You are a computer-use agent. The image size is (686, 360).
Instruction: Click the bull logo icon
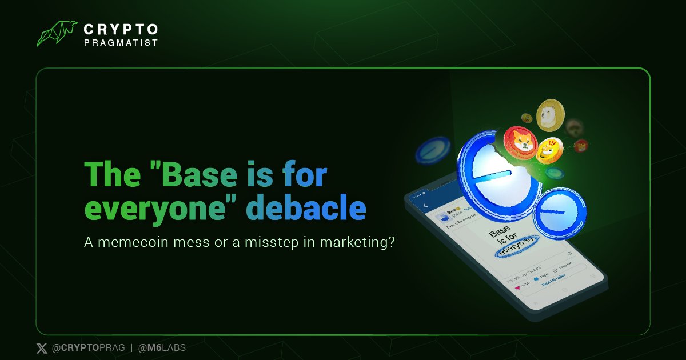57,34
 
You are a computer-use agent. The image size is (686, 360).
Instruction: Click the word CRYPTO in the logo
121,29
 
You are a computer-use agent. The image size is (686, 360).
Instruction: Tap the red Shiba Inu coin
521,142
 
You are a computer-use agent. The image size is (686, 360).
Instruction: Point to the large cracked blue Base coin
496,177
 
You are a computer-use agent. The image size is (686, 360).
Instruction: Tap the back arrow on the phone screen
426,205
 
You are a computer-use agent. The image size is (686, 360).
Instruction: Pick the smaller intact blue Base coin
559,213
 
